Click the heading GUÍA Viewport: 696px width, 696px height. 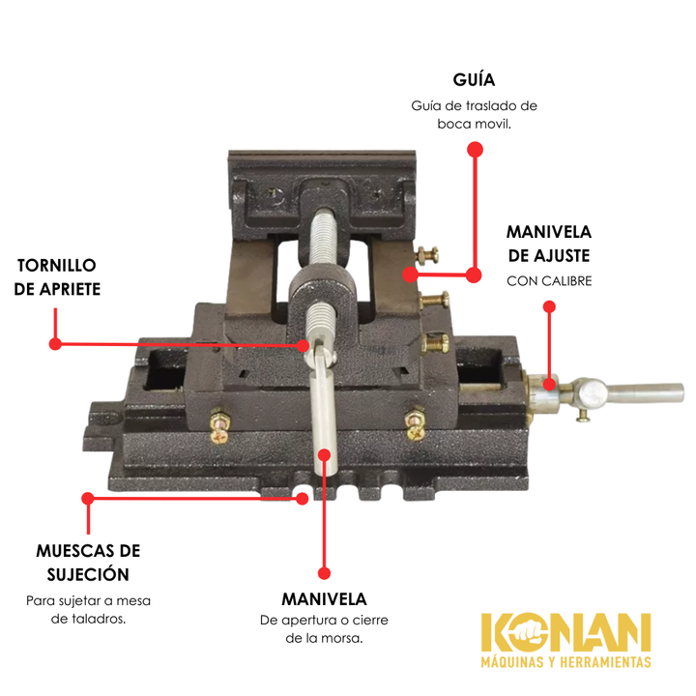click(x=474, y=79)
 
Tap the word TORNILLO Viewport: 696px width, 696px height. click(x=57, y=266)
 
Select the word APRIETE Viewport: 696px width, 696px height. click(x=71, y=289)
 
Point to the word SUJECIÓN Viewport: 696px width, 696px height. click(x=88, y=575)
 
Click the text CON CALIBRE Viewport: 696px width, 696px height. click(x=549, y=281)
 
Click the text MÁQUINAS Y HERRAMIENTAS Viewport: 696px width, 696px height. click(x=565, y=662)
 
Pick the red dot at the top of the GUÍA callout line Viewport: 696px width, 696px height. click(x=475, y=149)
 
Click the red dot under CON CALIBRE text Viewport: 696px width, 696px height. click(x=549, y=306)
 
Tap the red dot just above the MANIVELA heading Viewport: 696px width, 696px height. click(x=325, y=573)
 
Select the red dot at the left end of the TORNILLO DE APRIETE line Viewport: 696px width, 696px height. click(x=55, y=343)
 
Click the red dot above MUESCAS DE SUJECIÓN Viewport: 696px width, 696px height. click(x=88, y=498)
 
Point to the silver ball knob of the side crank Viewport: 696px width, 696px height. click(x=594, y=393)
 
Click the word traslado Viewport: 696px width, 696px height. click(x=489, y=105)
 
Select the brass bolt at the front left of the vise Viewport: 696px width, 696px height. click(x=220, y=425)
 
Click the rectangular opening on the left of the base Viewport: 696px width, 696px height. click(x=163, y=369)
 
